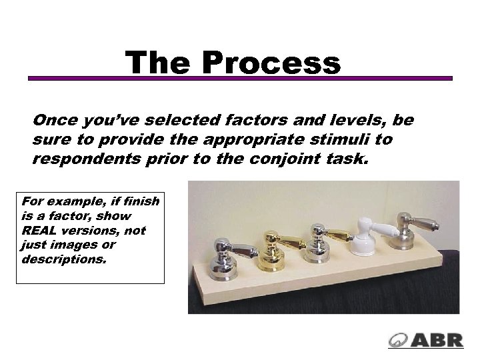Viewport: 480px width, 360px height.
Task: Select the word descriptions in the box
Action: tap(64, 259)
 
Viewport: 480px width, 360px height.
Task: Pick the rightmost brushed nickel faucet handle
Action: tap(409, 230)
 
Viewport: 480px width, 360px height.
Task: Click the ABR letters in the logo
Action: tap(437, 339)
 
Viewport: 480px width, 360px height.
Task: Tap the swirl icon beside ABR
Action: tap(399, 339)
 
